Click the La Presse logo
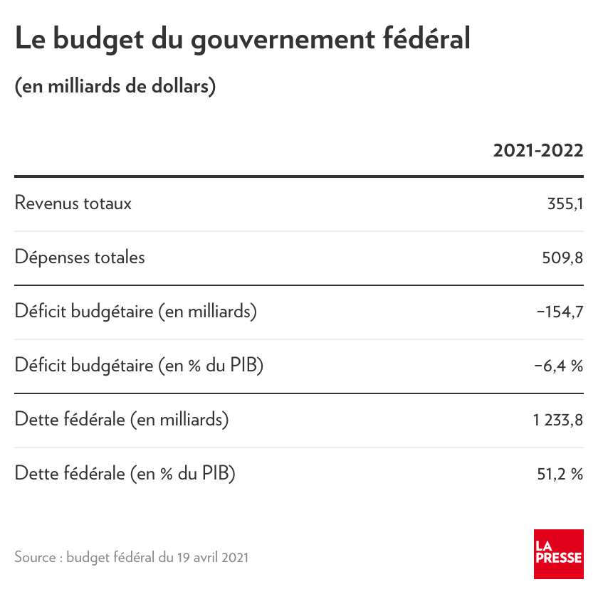[x=558, y=554]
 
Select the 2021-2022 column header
[x=538, y=151]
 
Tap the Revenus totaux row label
[x=73, y=203]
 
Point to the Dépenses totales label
[x=80, y=258]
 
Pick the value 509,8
[x=562, y=258]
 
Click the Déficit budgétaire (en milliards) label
[x=136, y=312]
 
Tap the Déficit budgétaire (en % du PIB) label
[x=140, y=366]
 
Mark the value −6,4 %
[x=558, y=366]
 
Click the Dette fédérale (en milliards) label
[x=122, y=420]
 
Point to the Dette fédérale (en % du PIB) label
[x=125, y=474]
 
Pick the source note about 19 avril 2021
[x=132, y=557]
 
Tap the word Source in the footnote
[x=35, y=557]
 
